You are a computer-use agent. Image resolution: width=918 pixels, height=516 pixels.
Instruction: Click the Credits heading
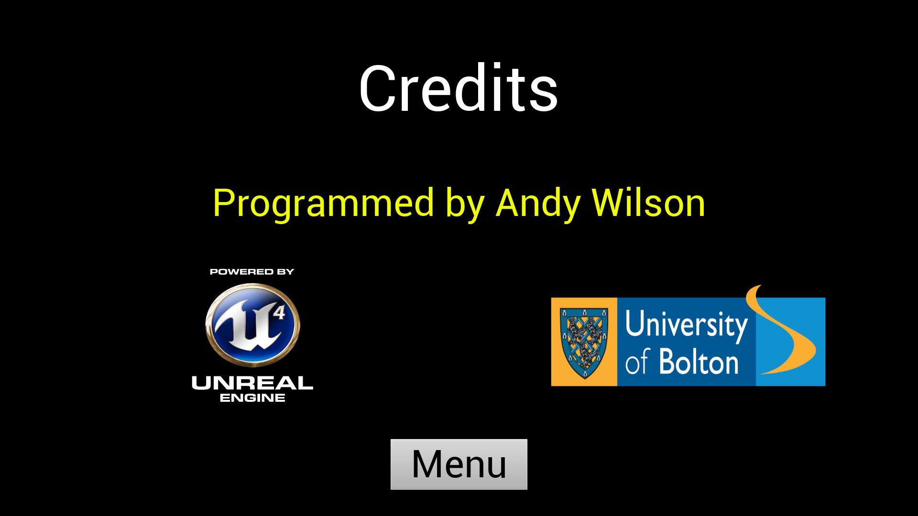point(459,88)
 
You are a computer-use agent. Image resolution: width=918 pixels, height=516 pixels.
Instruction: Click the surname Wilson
point(648,203)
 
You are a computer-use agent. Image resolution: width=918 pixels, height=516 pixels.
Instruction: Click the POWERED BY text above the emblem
point(252,272)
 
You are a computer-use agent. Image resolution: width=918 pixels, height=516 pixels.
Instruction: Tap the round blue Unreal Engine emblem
point(252,325)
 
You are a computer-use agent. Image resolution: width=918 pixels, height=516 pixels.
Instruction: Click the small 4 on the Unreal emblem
point(279,312)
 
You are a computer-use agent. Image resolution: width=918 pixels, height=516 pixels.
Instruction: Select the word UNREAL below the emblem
point(252,383)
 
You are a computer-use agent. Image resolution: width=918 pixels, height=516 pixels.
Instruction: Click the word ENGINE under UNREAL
point(252,398)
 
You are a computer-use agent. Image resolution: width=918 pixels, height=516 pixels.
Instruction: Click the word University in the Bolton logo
point(686,325)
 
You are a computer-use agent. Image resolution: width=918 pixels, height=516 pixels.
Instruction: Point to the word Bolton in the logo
point(699,362)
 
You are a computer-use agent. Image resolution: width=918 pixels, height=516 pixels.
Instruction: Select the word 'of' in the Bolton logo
point(637,362)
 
